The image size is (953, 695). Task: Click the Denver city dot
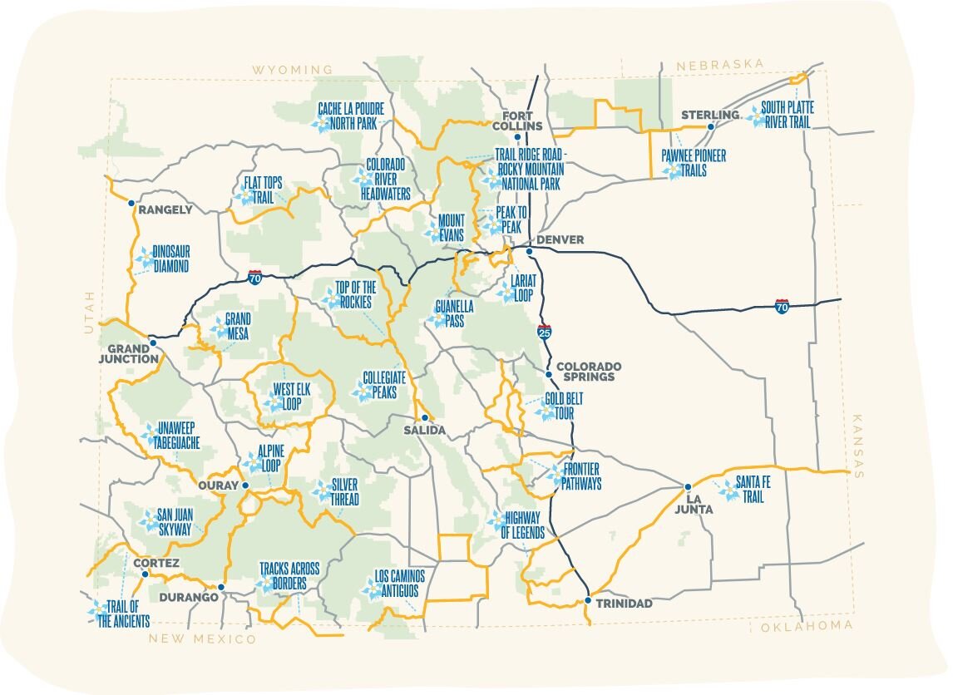(529, 249)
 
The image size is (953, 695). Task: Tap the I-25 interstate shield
(545, 332)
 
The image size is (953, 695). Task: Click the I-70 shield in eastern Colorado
(782, 307)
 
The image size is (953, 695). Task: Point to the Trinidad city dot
(588, 600)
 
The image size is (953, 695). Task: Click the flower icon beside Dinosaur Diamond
(143, 259)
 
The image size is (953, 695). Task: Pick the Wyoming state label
(293, 70)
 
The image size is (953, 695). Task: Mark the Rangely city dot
(131, 203)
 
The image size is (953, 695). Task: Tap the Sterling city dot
(711, 127)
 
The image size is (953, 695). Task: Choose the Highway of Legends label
(522, 525)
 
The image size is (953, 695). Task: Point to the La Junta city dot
(688, 487)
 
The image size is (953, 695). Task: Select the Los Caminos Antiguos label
(400, 583)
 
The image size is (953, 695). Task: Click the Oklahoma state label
(806, 625)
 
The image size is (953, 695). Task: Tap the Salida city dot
(424, 418)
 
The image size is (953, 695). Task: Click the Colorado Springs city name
(589, 371)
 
